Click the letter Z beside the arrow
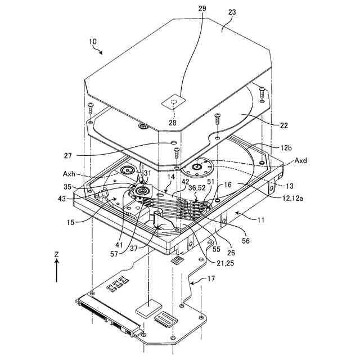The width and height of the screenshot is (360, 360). coord(56,254)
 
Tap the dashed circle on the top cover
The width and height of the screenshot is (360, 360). coord(173,102)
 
